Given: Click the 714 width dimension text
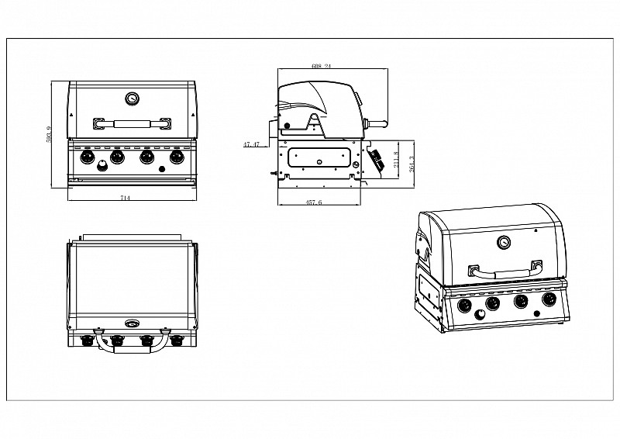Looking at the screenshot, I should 125,199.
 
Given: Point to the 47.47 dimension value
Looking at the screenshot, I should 251,144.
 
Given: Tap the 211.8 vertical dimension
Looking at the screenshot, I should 398,161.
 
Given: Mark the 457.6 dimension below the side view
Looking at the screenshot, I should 314,202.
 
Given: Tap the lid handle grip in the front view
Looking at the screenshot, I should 132,123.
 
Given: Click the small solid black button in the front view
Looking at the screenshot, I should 162,168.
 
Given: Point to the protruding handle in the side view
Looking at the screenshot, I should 378,123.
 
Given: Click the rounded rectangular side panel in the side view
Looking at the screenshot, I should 318,157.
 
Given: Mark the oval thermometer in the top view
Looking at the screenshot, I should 131,323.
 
